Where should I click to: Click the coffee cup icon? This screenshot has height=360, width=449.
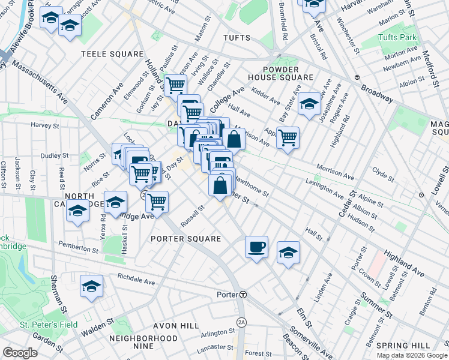coord(256,247)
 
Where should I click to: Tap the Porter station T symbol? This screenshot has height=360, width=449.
coord(243,295)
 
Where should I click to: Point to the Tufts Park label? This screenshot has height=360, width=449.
coord(397,37)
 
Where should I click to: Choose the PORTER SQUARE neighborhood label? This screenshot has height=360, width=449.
coord(186,239)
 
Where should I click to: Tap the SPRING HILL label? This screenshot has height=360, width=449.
coord(402,346)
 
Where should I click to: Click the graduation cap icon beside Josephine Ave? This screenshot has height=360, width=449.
coord(309,103)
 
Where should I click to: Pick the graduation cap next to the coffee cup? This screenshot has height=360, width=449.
coord(289,253)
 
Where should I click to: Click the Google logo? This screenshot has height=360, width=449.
coord(20,353)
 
